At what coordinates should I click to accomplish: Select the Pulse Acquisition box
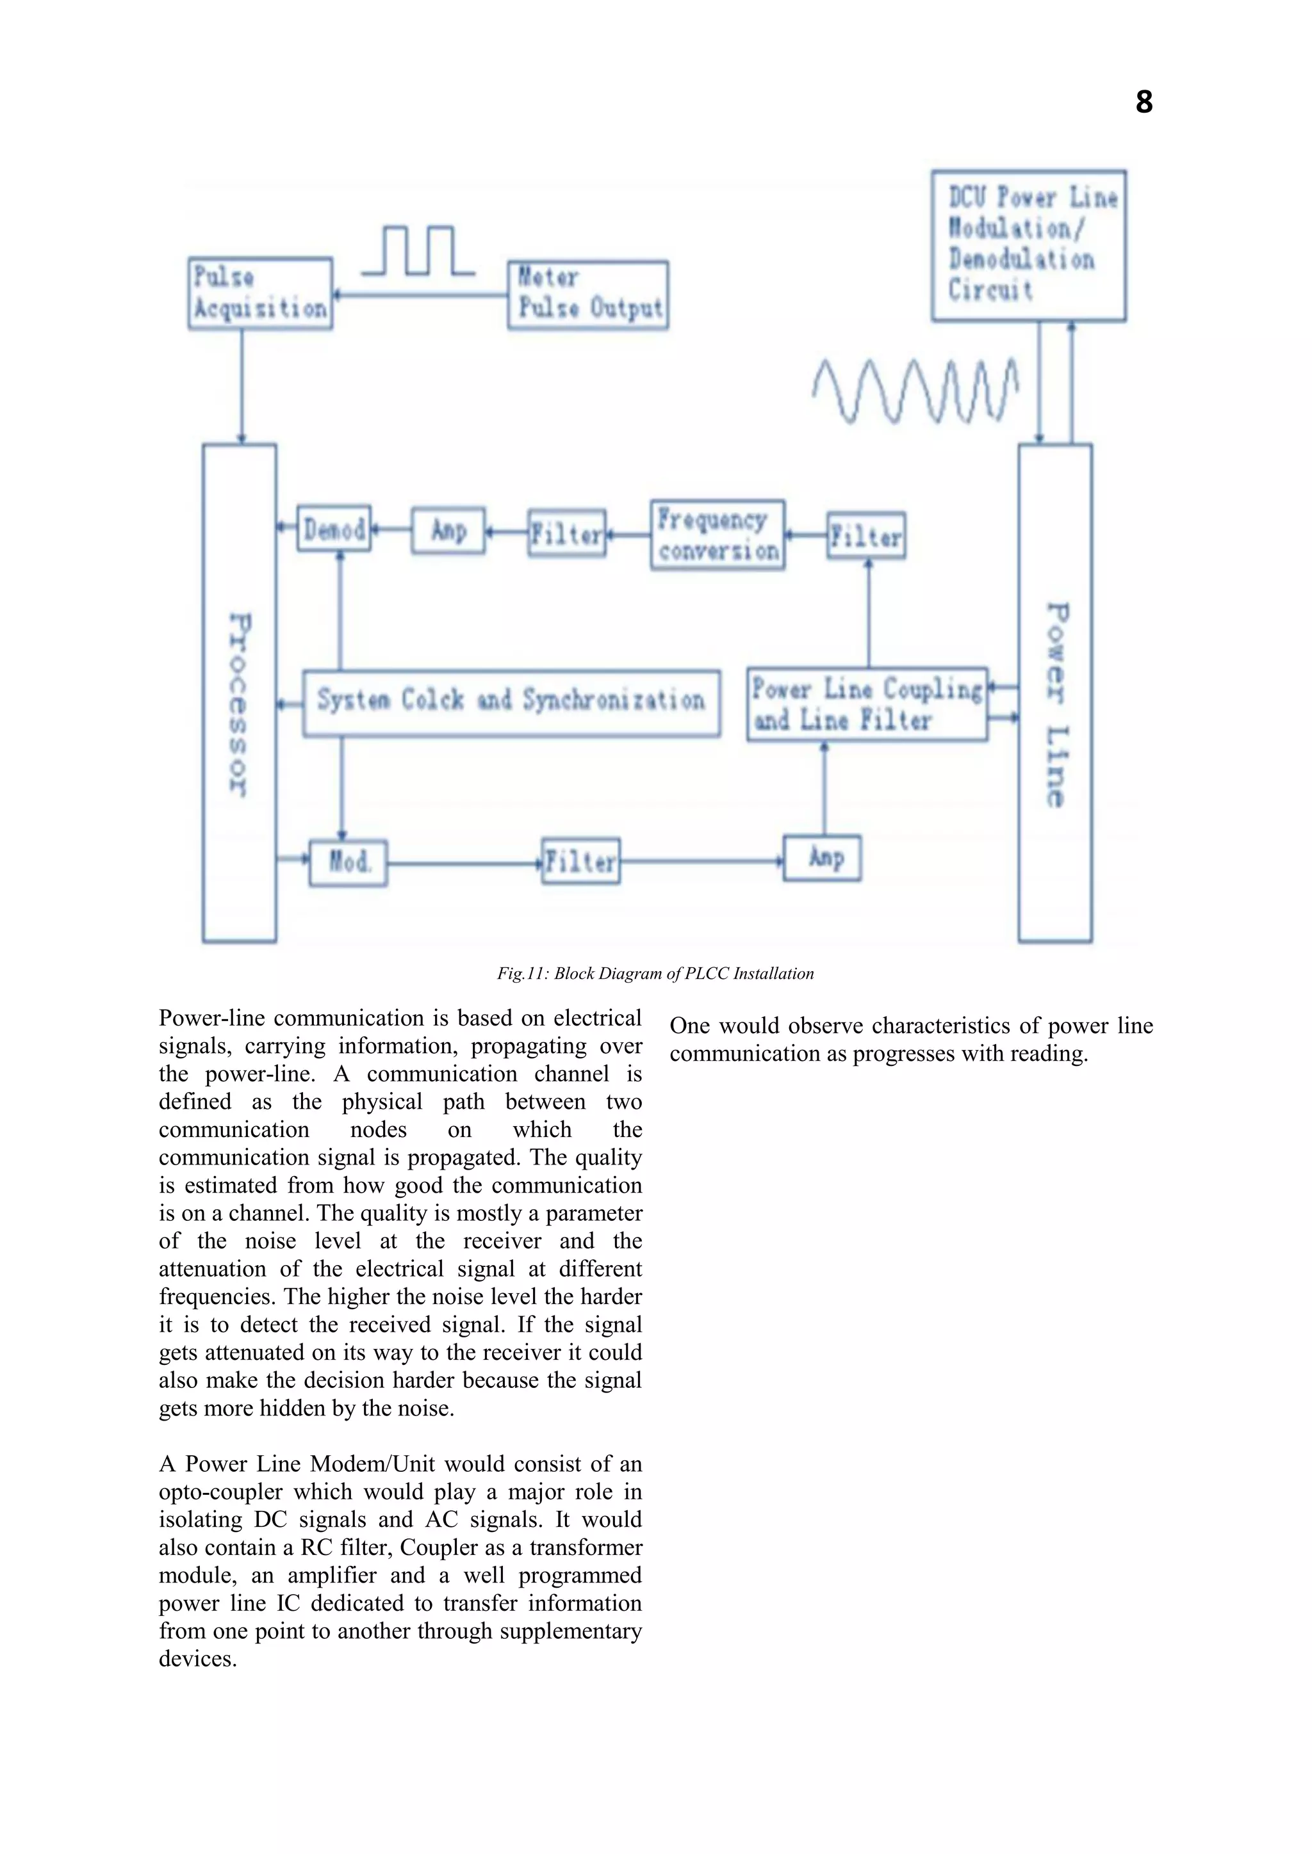click(260, 293)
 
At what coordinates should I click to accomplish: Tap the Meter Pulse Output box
click(588, 294)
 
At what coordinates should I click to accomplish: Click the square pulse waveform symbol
click(418, 251)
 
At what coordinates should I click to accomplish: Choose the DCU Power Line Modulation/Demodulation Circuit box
click(1028, 245)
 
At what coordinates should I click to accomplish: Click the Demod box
click(334, 529)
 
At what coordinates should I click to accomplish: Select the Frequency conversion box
click(717, 535)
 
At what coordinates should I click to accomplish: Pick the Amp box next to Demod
click(448, 531)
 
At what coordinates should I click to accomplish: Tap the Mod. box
click(348, 862)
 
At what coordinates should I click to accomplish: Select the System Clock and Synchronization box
click(511, 702)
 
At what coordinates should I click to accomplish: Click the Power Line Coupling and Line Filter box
click(867, 704)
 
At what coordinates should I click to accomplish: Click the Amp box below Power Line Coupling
click(823, 858)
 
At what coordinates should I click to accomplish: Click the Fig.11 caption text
click(655, 973)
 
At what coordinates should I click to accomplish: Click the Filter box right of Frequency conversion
click(866, 535)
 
